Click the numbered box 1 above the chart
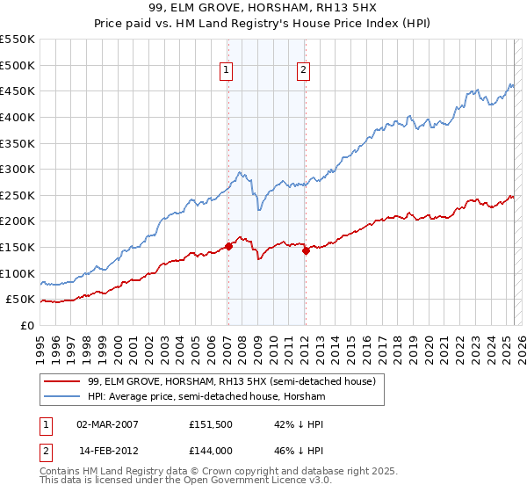click(227, 71)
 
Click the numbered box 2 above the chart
click(303, 71)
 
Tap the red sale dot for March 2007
click(228, 246)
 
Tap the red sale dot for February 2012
click(306, 250)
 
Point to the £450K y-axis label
click(18, 90)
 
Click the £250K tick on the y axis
click(18, 195)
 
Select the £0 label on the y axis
click(28, 325)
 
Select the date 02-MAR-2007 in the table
click(107, 423)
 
